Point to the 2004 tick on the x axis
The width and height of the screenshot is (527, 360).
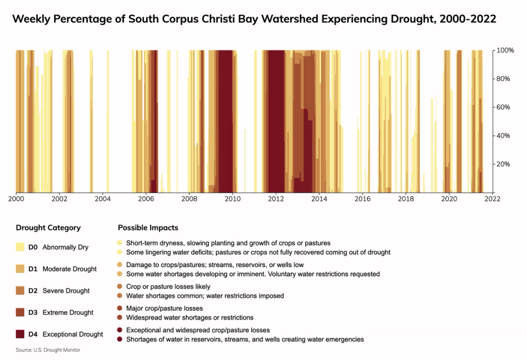pyautogui.click(x=102, y=198)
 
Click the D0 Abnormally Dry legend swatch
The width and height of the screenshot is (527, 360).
pyautogui.click(x=20, y=247)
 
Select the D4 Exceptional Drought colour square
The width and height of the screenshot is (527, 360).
pyautogui.click(x=20, y=334)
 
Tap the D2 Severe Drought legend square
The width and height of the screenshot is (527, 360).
pyautogui.click(x=20, y=291)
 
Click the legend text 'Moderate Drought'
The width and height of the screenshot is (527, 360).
pyautogui.click(x=69, y=269)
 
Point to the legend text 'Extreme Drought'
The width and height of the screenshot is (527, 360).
pyautogui.click(x=68, y=313)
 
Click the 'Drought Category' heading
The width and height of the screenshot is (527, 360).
pyautogui.click(x=48, y=228)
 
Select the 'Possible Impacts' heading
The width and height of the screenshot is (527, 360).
pyautogui.click(x=148, y=228)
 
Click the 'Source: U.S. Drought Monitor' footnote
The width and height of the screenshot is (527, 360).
pyautogui.click(x=48, y=350)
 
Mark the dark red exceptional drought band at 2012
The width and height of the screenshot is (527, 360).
pyautogui.click(x=276, y=121)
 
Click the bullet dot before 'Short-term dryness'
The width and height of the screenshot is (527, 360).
pyautogui.click(x=120, y=243)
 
